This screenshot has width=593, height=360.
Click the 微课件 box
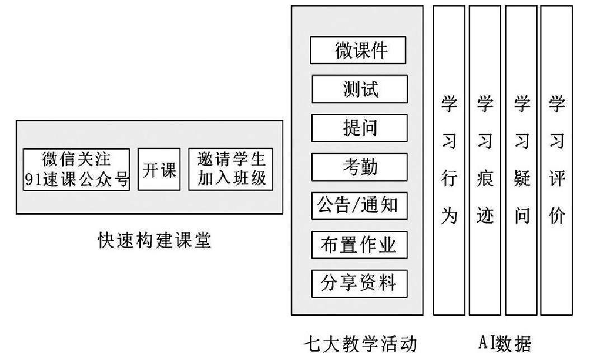click(x=358, y=50)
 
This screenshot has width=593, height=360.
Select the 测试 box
click(x=359, y=89)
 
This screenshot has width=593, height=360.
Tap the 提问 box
click(x=359, y=128)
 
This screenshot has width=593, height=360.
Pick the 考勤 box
click(x=359, y=167)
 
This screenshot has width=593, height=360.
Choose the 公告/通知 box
click(x=359, y=206)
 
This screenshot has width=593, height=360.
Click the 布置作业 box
click(x=359, y=245)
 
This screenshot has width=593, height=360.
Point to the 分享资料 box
click(x=359, y=283)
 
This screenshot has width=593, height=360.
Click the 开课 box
click(x=159, y=169)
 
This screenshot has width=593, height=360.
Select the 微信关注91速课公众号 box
click(x=77, y=169)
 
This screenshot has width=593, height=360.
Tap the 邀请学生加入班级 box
click(x=230, y=169)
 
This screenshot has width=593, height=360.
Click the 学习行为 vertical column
click(x=449, y=160)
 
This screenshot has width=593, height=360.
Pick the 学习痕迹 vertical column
click(x=485, y=160)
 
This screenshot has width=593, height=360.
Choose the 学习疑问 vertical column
click(x=521, y=160)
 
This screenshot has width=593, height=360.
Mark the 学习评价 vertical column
click(x=557, y=160)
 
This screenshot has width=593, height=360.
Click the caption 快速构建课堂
click(x=154, y=240)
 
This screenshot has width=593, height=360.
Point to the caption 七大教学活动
click(x=360, y=344)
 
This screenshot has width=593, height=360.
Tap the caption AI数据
click(x=505, y=343)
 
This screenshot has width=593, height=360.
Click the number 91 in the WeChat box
click(x=33, y=179)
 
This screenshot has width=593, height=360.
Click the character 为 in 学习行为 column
click(x=449, y=216)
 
